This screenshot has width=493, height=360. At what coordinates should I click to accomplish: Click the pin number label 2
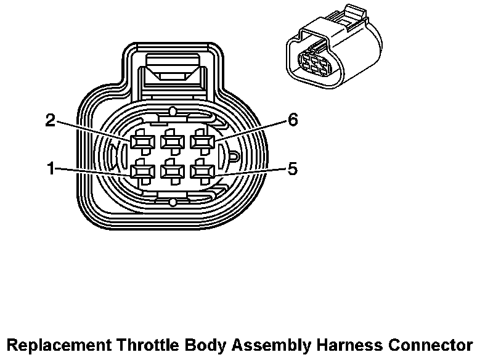[x=51, y=120]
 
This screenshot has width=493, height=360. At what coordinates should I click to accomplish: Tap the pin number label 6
[x=292, y=120]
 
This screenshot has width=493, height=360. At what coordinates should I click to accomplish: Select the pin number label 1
[x=51, y=168]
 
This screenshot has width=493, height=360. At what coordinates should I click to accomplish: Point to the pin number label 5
[x=292, y=168]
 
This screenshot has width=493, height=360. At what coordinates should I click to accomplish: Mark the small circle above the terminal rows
[x=173, y=112]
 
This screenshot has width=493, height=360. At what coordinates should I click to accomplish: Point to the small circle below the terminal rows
[x=173, y=202]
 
